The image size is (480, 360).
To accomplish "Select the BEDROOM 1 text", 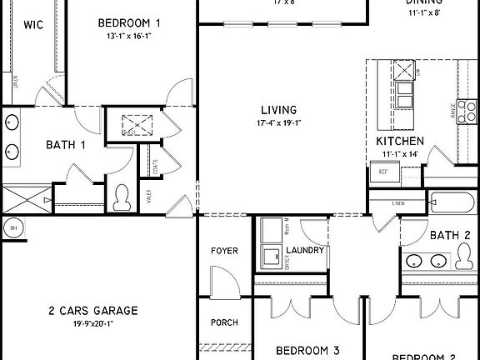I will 129,22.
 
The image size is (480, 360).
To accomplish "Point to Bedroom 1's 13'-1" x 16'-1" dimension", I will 129,36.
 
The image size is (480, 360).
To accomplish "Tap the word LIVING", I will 279,110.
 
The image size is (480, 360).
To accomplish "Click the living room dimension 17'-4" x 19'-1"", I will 279,123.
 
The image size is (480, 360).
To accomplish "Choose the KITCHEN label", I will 399,142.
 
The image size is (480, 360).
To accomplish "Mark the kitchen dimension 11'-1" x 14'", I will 399,154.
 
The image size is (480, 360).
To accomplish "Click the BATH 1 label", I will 66,145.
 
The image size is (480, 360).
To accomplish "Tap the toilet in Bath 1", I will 122,196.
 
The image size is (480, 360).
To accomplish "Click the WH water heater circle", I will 12,227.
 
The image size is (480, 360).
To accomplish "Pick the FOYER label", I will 223,250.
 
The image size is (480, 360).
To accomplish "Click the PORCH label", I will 223,322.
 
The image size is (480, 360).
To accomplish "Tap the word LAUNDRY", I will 305,250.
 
